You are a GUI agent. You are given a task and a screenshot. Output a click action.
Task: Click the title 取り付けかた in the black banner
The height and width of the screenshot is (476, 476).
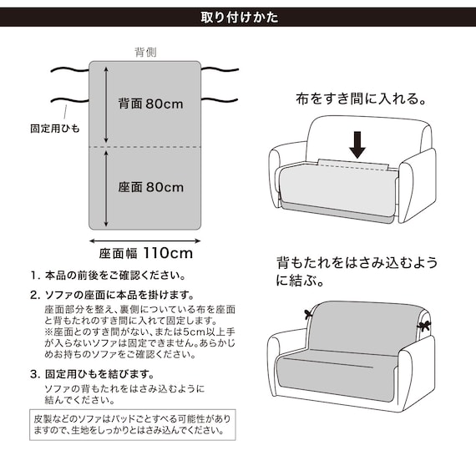click(x=239, y=17)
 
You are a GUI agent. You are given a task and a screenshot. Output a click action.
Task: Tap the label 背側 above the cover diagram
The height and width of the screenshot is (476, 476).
click(x=146, y=52)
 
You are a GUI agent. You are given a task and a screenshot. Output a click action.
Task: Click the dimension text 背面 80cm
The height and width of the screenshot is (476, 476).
click(x=151, y=104)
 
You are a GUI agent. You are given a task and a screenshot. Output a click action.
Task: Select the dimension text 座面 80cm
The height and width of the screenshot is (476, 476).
click(x=151, y=187)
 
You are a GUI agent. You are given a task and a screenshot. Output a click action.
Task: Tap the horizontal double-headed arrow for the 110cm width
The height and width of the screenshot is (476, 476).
click(x=146, y=237)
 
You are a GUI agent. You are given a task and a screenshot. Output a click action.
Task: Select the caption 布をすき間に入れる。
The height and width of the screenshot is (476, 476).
click(x=360, y=99)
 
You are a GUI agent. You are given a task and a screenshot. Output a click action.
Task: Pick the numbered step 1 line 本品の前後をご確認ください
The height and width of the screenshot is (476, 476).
click(x=108, y=275)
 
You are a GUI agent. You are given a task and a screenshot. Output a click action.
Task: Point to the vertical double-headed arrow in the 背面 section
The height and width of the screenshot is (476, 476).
click(x=106, y=104)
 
